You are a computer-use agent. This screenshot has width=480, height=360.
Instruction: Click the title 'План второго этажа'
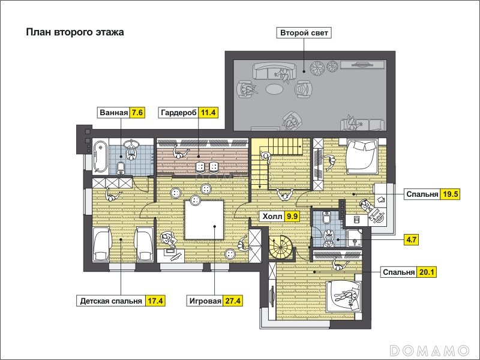tap(75, 32)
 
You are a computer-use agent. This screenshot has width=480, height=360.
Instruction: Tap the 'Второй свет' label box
tap(304, 33)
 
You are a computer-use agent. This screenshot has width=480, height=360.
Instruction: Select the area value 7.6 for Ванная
tap(137, 113)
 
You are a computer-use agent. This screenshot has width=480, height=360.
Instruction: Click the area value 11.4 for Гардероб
tap(208, 113)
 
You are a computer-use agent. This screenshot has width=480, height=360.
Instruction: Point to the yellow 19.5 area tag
tap(450, 194)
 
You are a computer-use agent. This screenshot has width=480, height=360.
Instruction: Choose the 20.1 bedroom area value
tap(427, 272)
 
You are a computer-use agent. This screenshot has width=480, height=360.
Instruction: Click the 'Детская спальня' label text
tap(111, 301)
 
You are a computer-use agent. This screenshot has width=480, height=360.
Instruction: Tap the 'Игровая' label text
tap(205, 301)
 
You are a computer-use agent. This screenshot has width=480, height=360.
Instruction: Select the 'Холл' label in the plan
tap(272, 217)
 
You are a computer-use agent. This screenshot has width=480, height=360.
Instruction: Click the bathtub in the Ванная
tap(101, 157)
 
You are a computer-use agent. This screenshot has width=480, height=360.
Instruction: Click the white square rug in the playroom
tap(204, 220)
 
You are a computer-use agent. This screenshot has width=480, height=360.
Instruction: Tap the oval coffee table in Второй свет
tap(275, 89)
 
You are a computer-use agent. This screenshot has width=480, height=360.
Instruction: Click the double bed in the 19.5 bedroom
tap(362, 156)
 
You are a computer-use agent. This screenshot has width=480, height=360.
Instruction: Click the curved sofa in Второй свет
tap(275, 70)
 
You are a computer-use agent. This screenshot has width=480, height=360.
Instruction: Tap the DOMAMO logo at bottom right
tap(430, 350)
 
